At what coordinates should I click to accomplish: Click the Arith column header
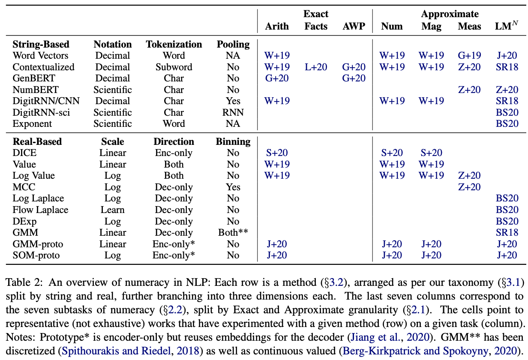277,26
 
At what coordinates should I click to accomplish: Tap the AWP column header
354,26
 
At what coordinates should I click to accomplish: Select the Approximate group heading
450,14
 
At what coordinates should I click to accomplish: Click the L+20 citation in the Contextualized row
316,67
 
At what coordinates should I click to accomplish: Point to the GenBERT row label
34,78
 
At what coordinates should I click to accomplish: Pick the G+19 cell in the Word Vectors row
469,55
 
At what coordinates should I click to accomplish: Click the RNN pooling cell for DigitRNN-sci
233,112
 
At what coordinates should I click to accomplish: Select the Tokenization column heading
174,44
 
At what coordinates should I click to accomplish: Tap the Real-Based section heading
37,141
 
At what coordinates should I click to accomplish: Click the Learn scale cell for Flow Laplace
112,210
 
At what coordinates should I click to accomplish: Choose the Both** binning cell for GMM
233,232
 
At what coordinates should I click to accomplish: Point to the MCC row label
24,187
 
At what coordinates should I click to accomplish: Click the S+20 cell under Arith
277,153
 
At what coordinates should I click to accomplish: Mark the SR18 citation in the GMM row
507,232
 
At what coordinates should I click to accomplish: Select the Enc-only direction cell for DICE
174,153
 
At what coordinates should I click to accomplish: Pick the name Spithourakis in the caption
90,351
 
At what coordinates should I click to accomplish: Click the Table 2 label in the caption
24,282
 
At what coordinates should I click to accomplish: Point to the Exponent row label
32,124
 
